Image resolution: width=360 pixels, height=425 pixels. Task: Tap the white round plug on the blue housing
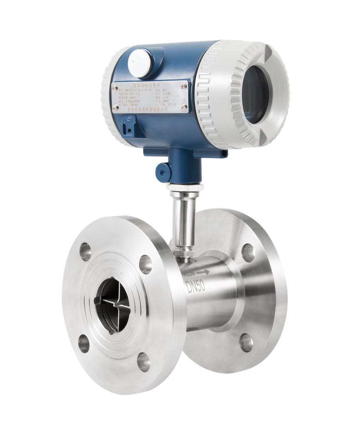[x=139, y=63]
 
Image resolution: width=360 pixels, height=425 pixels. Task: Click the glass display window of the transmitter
[x=254, y=95]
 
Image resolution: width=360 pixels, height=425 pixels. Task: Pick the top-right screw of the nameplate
[x=184, y=86]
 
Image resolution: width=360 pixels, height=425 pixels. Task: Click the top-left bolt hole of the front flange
[x=85, y=252]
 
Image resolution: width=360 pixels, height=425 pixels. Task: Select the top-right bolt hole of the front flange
[x=145, y=264]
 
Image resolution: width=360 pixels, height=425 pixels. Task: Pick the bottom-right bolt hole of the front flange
[x=144, y=362]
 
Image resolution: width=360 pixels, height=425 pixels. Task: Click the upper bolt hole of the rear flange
[x=248, y=252]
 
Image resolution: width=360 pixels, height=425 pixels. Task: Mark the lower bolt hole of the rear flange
[x=246, y=342]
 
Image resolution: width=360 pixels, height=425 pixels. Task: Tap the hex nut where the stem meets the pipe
[x=183, y=252]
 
